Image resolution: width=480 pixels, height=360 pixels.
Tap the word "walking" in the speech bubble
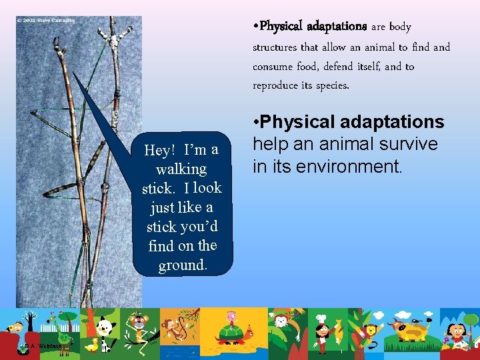point(181,169)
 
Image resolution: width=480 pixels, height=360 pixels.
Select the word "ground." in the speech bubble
point(183,265)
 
